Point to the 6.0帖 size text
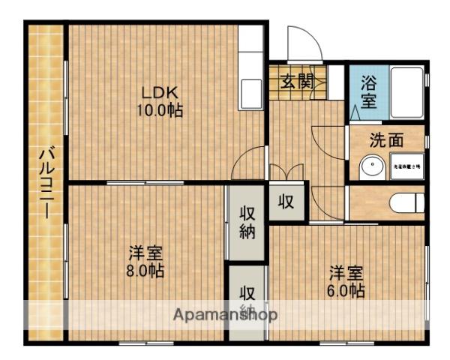click(x=346, y=290)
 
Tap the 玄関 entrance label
click(x=297, y=81)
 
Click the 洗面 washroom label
click(x=387, y=139)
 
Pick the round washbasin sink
click(x=370, y=166)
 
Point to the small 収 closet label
click(x=286, y=201)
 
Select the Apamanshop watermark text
click(x=226, y=314)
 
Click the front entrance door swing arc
click(x=301, y=42)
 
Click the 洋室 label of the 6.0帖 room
click(x=346, y=273)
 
